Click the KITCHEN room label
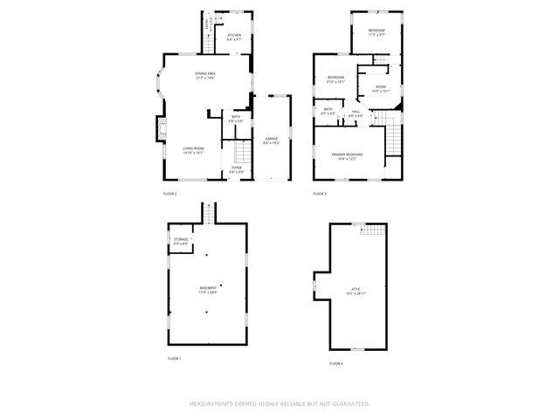pos(234,35)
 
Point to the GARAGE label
pos(272,139)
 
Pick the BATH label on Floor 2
pos(236,116)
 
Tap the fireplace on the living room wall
pos(160,130)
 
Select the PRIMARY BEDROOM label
pos(347,155)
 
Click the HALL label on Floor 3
pos(356,112)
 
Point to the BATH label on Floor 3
pos(328,109)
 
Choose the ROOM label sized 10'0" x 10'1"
pos(381,86)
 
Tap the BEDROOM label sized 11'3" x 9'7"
pos(376,31)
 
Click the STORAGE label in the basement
pos(181,238)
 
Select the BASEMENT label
pos(208,287)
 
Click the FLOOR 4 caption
pos(337,362)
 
